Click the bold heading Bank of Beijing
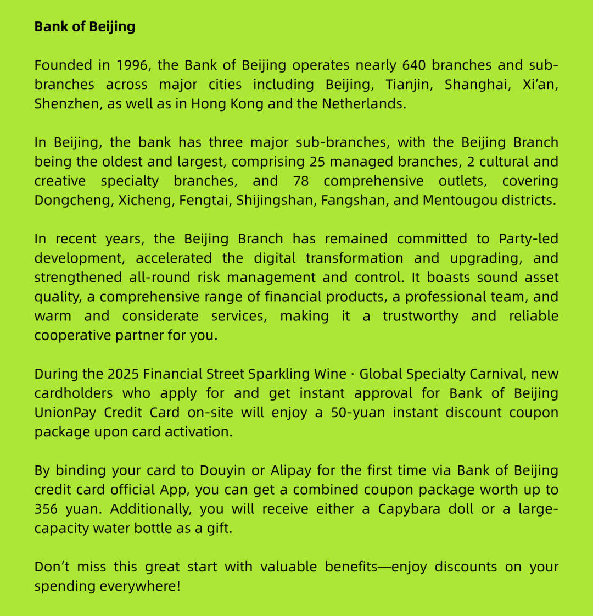85,26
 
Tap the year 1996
132,65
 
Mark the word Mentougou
459,201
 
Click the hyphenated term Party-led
528,239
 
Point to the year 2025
123,374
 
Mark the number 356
46,509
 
